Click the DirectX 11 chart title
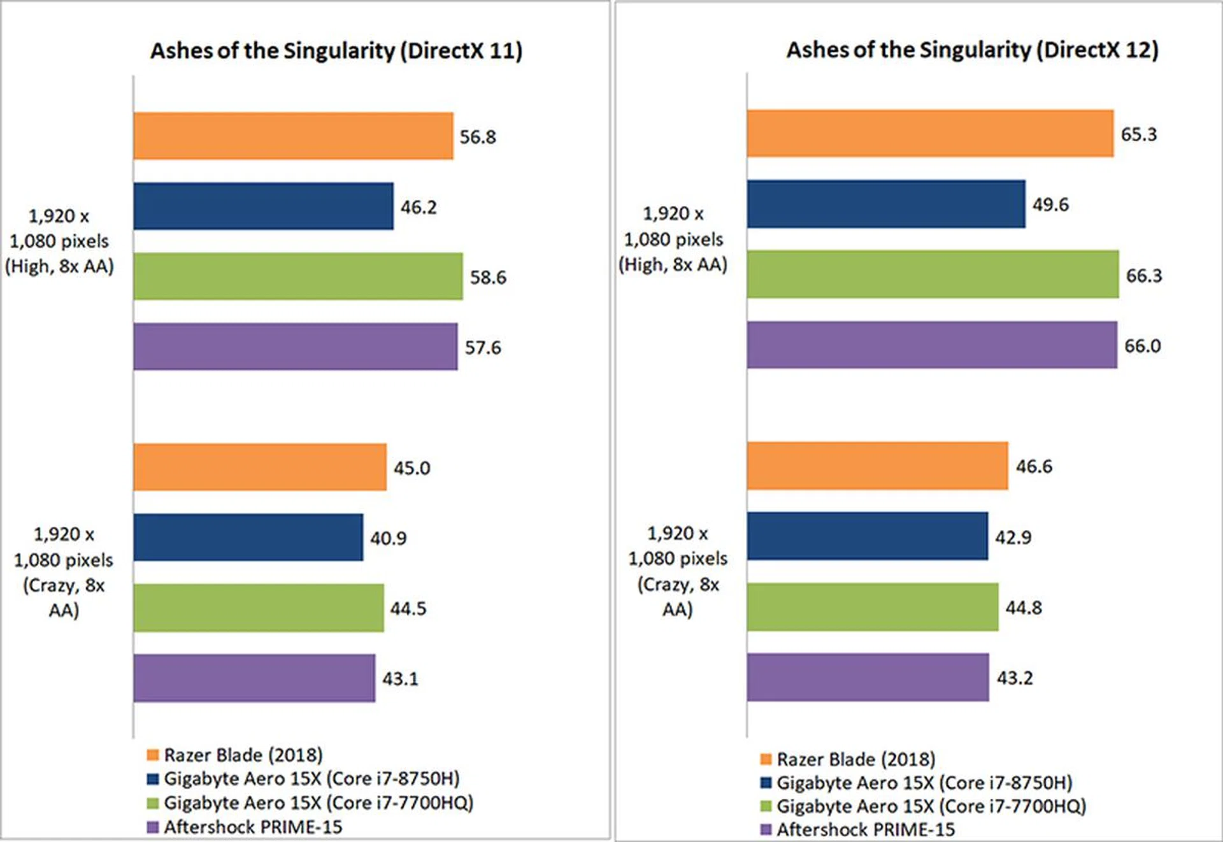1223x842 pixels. click(336, 51)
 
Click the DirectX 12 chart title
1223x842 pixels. click(972, 50)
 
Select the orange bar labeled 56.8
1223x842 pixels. click(293, 136)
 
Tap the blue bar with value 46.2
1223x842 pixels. click(263, 206)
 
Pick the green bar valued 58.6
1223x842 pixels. click(298, 276)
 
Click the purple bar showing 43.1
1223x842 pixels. click(254, 678)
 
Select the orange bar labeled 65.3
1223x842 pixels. click(930, 134)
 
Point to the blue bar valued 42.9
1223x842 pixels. click(868, 536)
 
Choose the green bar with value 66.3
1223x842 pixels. click(933, 275)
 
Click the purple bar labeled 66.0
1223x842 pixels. click(932, 345)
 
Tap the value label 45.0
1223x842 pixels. click(411, 468)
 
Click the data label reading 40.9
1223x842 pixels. click(388, 539)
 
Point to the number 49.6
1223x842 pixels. click(1050, 204)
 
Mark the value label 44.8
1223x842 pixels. click(1024, 608)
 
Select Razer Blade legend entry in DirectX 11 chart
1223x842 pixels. click(243, 755)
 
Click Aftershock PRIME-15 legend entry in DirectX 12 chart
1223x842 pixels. click(865, 829)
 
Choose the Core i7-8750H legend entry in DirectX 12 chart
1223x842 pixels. click(924, 783)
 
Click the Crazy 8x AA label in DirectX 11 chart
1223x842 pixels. click(64, 572)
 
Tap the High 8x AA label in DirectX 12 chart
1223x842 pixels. click(673, 239)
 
